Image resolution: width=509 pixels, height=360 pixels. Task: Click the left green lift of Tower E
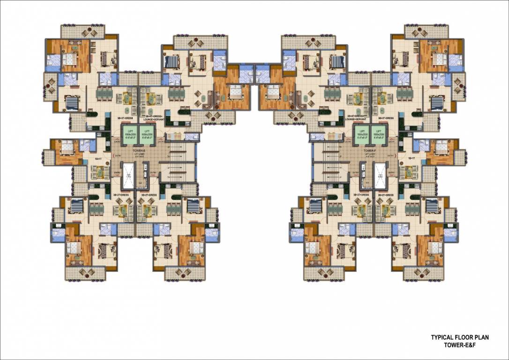pyautogui.click(x=129, y=135)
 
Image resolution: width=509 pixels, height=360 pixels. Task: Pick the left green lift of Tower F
pyautogui.click(x=360, y=135)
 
